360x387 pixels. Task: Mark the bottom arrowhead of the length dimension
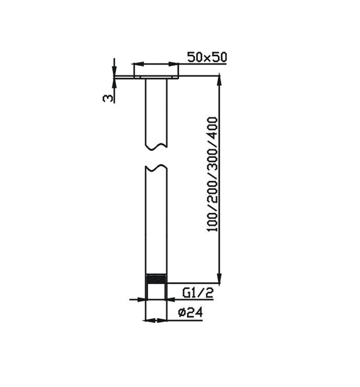tap(220, 279)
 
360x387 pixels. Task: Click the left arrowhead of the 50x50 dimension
tap(137, 64)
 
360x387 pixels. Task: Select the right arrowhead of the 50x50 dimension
tap(176, 64)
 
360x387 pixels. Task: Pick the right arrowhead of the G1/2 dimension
tap(171, 299)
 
